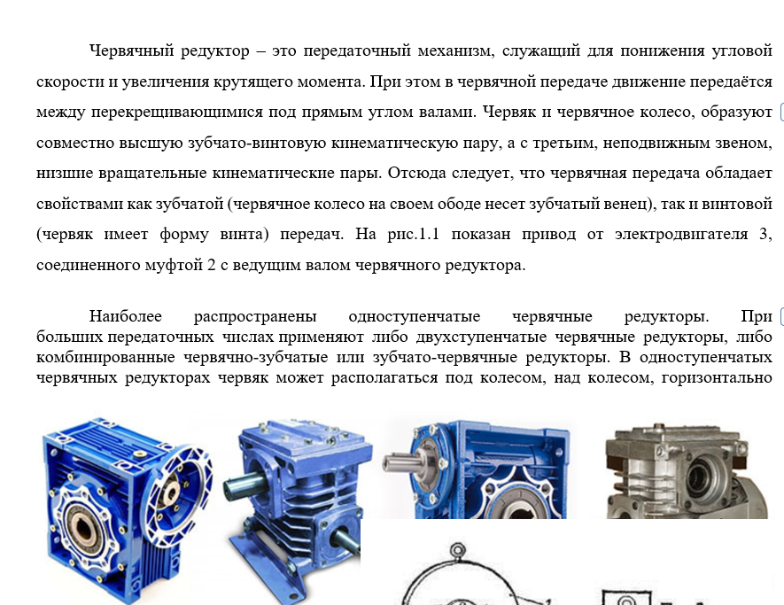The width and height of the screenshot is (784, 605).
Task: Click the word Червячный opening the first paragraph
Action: click(x=131, y=51)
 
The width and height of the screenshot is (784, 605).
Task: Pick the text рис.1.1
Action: click(x=413, y=235)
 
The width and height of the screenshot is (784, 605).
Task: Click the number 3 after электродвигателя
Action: click(x=765, y=235)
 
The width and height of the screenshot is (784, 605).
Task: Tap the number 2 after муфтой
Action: click(x=211, y=265)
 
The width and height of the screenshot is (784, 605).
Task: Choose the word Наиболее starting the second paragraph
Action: click(x=126, y=316)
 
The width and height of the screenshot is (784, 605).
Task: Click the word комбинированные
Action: click(x=105, y=358)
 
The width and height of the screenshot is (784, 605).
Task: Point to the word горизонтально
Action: click(x=717, y=378)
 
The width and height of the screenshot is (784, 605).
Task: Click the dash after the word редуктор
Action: click(x=260, y=51)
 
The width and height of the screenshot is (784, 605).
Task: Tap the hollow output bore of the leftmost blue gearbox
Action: click(x=85, y=529)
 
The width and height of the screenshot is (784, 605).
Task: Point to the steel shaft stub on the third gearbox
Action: click(x=403, y=463)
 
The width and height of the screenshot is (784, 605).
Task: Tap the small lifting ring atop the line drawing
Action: click(x=457, y=550)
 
